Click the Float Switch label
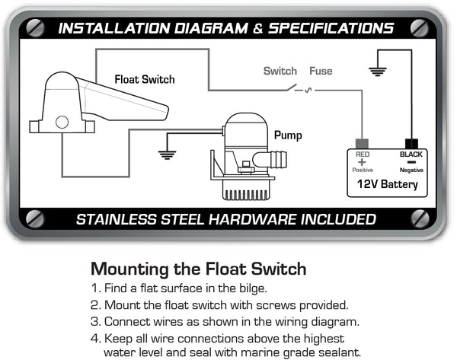coord(145,79)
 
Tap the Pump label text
coord(288,135)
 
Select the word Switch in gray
coord(280,72)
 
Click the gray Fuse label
coord(321,72)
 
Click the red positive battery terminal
coord(362,143)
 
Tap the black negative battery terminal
coord(413,143)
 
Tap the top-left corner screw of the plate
coord(35,27)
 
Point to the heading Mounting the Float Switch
coord(198,269)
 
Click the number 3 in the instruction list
coord(94,321)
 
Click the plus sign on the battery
coord(362,162)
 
